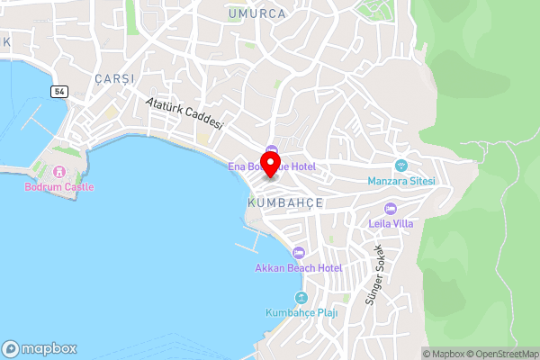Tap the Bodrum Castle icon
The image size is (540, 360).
[59, 171]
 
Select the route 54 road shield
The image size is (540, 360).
[59, 92]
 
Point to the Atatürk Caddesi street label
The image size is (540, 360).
[184, 116]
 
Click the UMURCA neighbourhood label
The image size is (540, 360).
[256, 13]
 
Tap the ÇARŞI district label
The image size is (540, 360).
[113, 79]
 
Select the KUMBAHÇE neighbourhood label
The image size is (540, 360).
[283, 203]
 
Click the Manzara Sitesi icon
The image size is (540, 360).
[401, 166]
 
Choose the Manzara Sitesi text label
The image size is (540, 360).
[401, 181]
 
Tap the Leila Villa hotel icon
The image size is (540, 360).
[390, 209]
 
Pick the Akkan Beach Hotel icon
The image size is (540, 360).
[299, 253]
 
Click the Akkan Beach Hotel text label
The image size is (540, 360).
[299, 268]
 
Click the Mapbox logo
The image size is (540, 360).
[40, 349]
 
